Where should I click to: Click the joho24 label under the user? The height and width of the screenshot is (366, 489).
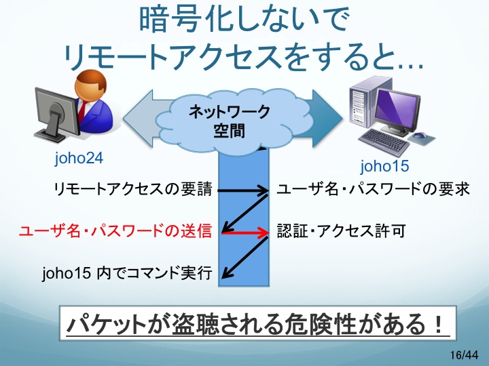pos(79,158)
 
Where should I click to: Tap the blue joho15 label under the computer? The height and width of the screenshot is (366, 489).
pos(384,165)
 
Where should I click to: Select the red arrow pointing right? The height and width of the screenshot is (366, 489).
pos(244,232)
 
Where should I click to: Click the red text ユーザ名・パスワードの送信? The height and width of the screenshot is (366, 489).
pos(115,231)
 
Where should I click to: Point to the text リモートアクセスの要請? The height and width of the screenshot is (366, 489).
pos(133,189)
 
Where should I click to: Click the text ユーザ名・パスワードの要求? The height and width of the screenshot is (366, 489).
pos(374,189)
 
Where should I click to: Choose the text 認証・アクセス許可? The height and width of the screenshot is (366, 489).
pos(341,231)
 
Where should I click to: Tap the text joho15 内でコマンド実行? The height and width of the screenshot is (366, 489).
pos(127,273)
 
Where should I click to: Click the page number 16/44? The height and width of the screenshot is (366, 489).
pos(464,354)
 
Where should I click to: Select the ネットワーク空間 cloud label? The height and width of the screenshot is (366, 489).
pos(230,121)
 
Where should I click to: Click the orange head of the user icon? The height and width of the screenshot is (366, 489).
pos(90,85)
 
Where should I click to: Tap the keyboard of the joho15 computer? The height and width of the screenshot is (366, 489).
pos(384,142)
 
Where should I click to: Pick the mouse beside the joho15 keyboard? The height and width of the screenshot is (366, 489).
pos(420,135)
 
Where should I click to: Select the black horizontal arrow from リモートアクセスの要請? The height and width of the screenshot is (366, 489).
pos(242,190)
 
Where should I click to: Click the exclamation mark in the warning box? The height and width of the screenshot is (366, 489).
pos(439,324)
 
